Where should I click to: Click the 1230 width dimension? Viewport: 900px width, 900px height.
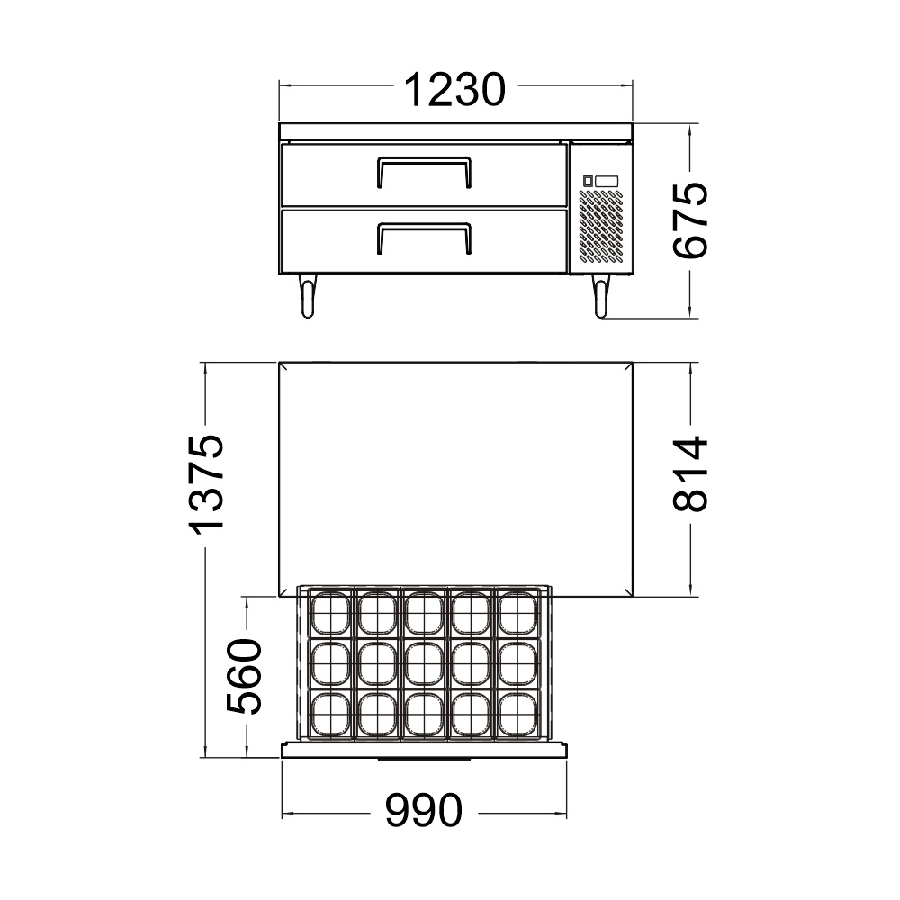(454, 88)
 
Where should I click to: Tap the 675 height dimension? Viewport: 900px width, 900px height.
(691, 221)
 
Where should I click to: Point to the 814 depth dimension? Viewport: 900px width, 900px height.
(691, 474)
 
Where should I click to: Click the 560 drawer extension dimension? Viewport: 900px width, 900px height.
(244, 675)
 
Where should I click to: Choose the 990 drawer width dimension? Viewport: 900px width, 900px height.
(423, 812)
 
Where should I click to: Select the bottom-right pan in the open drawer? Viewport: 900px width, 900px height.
(517, 715)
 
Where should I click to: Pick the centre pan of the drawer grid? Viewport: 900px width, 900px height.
(423, 664)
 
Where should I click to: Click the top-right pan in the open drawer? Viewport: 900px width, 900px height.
(517, 614)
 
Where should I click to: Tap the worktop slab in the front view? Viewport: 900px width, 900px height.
(455, 130)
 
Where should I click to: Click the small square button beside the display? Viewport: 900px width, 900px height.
(589, 181)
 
